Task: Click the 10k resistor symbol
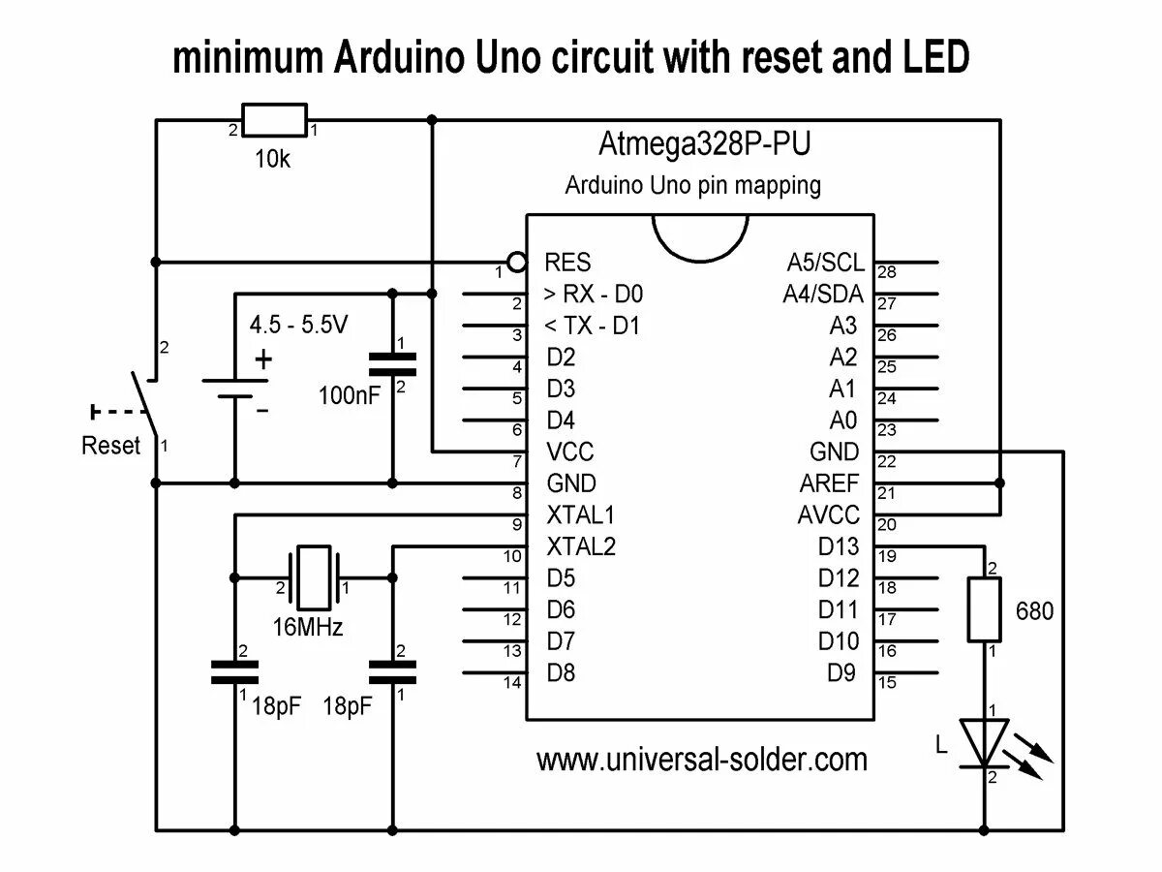pos(274,121)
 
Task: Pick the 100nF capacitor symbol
pos(393,363)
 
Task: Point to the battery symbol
pos(234,388)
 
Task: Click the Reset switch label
pos(111,447)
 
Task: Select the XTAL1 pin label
pos(581,514)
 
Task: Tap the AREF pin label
pos(829,483)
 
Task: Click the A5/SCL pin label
pos(825,263)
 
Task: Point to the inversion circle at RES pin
pos(517,262)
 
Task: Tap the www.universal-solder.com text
pos(702,759)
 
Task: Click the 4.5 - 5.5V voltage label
pos(298,326)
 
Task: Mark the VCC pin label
pos(570,452)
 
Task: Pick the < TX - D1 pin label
pos(593,327)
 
